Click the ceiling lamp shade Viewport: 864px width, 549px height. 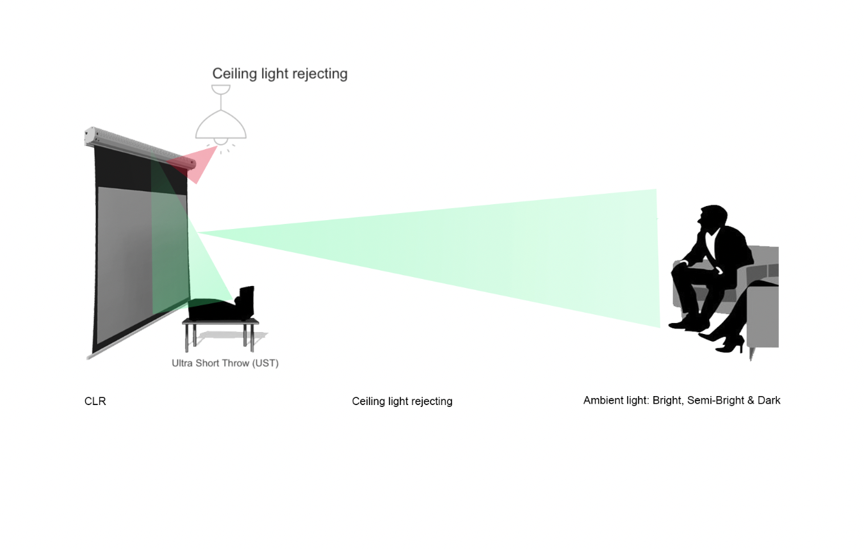click(220, 124)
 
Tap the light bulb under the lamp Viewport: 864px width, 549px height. click(220, 141)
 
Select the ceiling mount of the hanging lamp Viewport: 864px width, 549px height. click(220, 90)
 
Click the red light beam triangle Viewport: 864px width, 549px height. click(193, 164)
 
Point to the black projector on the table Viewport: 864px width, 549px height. click(222, 305)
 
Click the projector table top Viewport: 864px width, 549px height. click(220, 321)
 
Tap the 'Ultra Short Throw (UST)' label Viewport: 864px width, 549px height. click(225, 363)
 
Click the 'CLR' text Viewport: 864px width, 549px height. click(95, 401)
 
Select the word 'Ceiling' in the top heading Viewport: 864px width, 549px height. click(234, 74)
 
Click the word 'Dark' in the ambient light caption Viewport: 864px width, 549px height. click(769, 401)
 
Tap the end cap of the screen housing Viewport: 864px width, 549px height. click(90, 136)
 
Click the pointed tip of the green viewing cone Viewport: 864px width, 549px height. click(197, 232)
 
